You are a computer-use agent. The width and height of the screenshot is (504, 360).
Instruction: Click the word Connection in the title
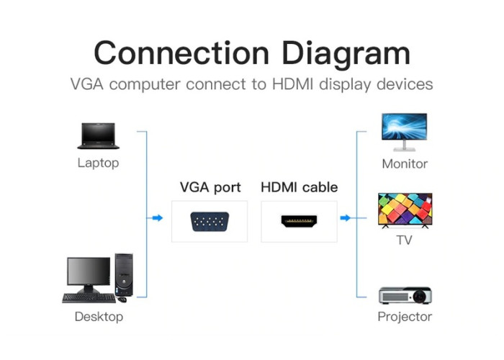click(181, 53)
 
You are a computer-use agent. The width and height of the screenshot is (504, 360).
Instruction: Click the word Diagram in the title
click(346, 55)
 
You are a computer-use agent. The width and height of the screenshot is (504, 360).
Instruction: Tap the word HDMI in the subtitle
click(292, 84)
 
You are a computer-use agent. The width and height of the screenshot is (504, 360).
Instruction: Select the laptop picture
click(99, 136)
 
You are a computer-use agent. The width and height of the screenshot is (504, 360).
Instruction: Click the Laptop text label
click(99, 163)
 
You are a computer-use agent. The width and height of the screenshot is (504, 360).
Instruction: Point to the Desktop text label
click(99, 317)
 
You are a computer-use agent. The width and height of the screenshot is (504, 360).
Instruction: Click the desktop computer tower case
click(124, 275)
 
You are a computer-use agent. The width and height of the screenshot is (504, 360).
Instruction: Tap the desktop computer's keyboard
click(89, 298)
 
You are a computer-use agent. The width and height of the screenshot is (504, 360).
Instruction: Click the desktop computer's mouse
click(122, 300)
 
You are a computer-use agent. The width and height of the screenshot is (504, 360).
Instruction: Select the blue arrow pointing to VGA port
click(158, 218)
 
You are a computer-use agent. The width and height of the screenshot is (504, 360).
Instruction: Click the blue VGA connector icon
click(210, 222)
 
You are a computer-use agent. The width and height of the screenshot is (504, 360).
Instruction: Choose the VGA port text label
click(210, 187)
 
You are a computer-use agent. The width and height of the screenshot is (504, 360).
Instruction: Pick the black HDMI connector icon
click(299, 221)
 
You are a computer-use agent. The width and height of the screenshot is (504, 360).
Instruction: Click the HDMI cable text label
click(300, 187)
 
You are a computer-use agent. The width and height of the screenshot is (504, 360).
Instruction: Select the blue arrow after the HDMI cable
click(345, 218)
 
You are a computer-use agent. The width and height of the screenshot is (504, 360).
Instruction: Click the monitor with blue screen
click(405, 132)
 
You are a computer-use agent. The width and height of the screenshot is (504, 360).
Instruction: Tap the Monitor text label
click(405, 164)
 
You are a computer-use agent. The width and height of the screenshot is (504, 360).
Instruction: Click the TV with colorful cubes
click(405, 210)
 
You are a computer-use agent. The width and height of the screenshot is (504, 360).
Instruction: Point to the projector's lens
click(420, 296)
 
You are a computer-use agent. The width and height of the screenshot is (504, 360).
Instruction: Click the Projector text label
click(405, 317)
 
